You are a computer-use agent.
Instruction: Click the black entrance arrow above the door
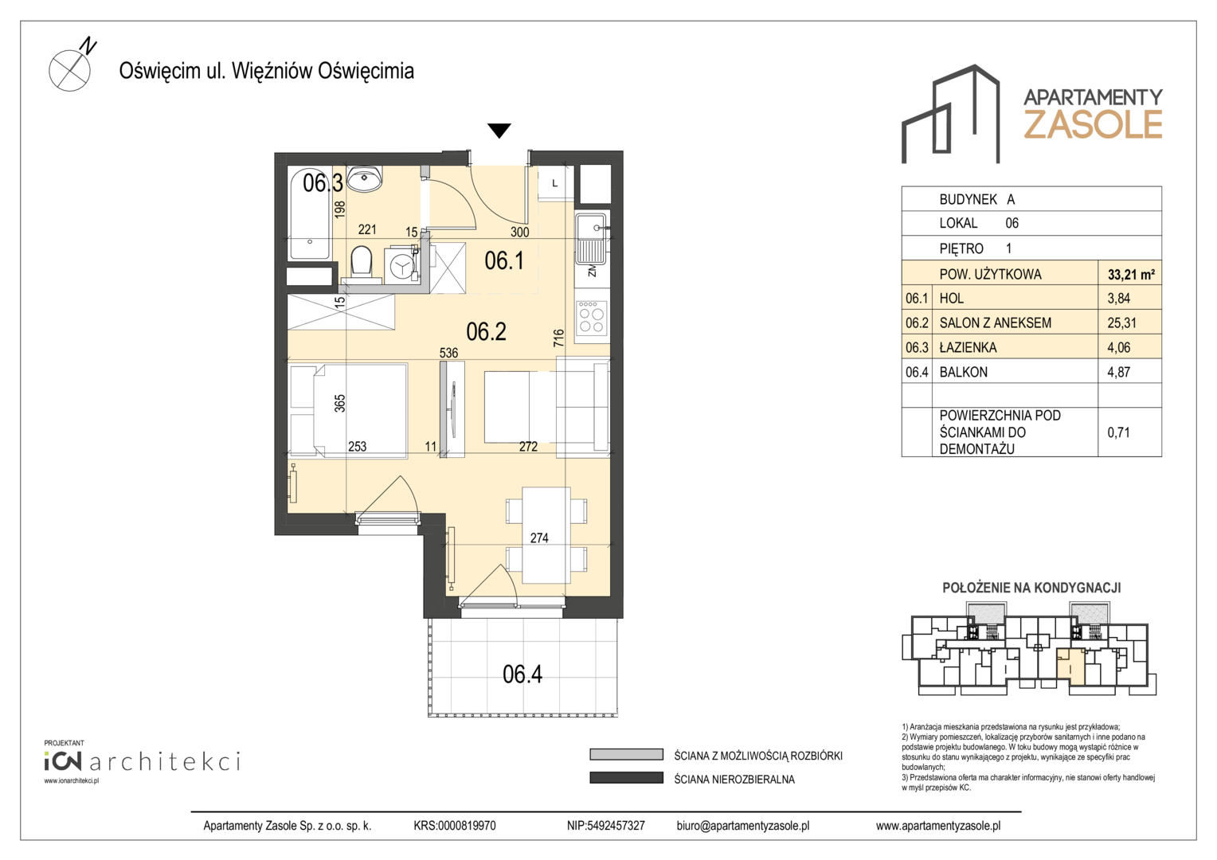click(x=499, y=131)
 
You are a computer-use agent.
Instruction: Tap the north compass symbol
click(x=72, y=66)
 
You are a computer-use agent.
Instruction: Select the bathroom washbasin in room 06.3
click(x=365, y=178)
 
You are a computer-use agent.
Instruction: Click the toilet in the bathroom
click(x=362, y=263)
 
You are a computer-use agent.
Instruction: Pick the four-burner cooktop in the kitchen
click(x=591, y=317)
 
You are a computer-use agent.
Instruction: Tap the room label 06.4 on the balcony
click(x=522, y=674)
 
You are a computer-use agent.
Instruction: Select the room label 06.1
click(x=504, y=260)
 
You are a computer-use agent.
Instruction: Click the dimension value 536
click(x=448, y=353)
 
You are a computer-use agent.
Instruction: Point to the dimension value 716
click(x=558, y=338)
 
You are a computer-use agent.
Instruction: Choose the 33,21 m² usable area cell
click(x=1130, y=275)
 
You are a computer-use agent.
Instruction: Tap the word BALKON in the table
click(x=963, y=372)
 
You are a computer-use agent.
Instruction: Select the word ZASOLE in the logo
click(x=1093, y=124)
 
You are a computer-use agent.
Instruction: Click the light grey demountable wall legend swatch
click(x=627, y=755)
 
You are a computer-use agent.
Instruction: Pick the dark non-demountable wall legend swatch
click(x=627, y=778)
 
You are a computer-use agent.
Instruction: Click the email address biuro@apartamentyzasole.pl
click(x=742, y=826)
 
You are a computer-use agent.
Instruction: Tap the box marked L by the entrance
click(x=554, y=184)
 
